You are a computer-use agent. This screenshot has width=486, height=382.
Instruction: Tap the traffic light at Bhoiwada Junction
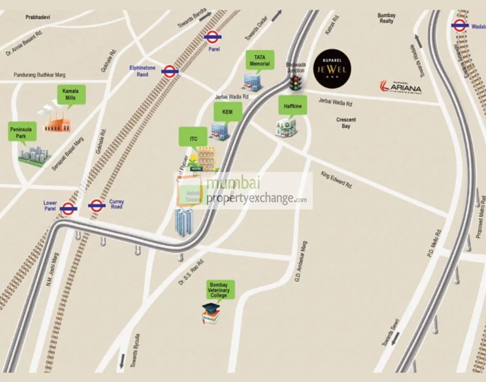294,83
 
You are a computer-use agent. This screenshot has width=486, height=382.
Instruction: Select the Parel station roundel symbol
212,36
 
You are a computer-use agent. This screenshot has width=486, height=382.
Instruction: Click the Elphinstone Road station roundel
170,71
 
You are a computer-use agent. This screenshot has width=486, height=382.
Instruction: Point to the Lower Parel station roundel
68,208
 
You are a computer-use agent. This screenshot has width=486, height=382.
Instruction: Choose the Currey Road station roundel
97,205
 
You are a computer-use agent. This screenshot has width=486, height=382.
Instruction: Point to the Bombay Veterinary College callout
219,290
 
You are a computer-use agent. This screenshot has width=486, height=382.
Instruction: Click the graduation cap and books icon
211,313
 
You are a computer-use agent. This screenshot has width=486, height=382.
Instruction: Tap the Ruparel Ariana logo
400,87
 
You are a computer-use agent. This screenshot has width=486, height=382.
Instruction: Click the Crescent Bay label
346,123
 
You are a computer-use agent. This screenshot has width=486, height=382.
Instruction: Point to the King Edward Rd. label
336,179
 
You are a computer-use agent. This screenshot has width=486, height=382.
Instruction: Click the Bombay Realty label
386,18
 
